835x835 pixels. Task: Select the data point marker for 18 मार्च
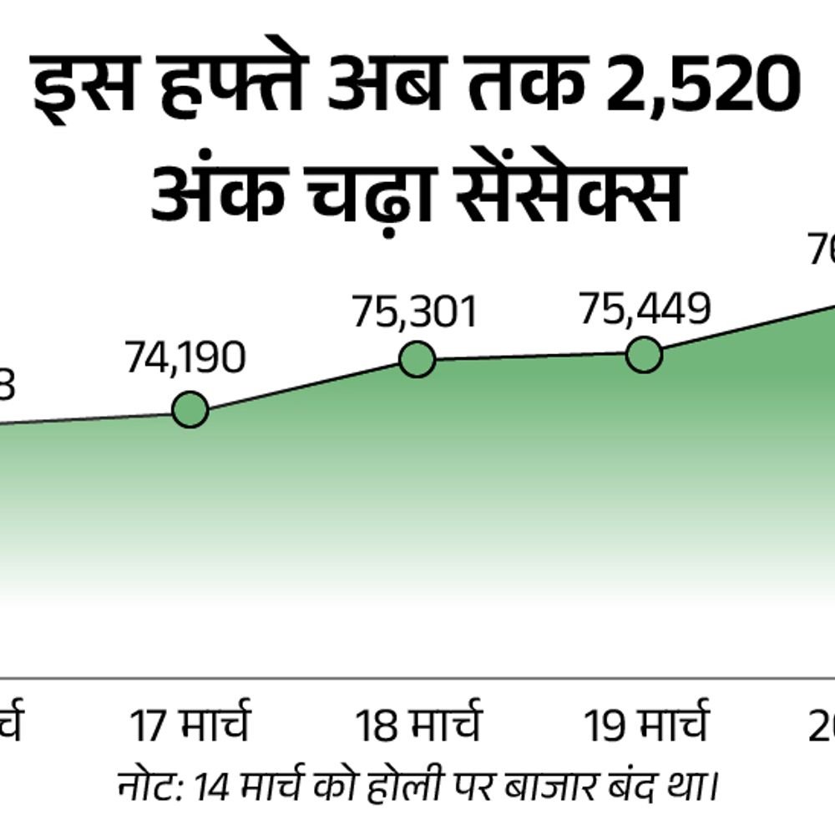pyautogui.click(x=417, y=359)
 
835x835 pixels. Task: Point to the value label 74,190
pyautogui.click(x=186, y=358)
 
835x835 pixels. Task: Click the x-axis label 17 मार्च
pyautogui.click(x=190, y=725)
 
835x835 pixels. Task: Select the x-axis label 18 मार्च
pyautogui.click(x=418, y=725)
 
